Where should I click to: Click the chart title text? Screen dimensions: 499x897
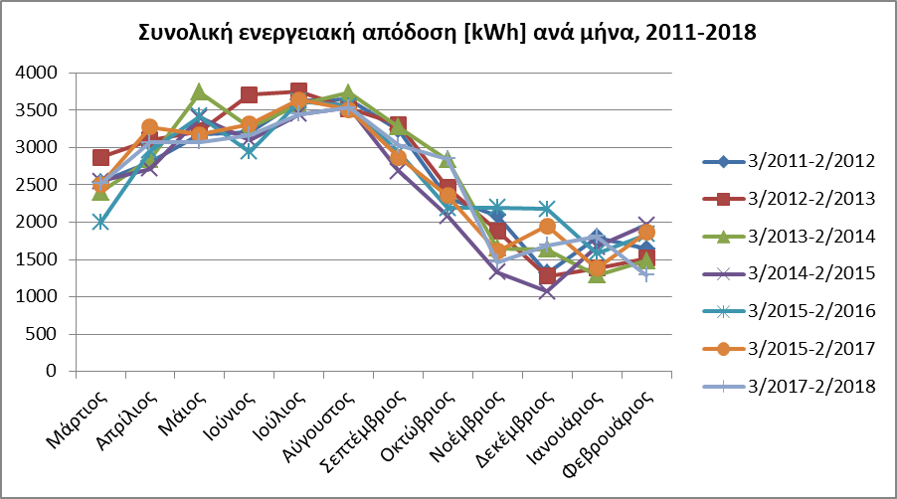(448, 33)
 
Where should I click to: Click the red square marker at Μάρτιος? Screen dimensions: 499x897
(100, 157)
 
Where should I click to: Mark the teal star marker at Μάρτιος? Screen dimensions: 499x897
(100, 222)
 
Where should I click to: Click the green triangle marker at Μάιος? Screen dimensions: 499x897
(200, 92)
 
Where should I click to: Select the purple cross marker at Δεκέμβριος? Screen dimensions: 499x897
(548, 291)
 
